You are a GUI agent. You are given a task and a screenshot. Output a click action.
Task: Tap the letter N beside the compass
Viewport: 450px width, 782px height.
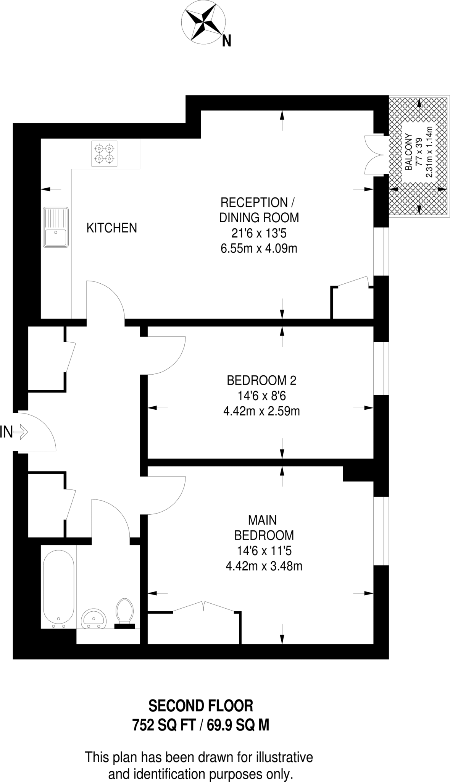pyautogui.click(x=227, y=40)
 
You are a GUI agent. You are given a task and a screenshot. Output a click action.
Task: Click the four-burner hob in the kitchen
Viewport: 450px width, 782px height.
pyautogui.click(x=104, y=153)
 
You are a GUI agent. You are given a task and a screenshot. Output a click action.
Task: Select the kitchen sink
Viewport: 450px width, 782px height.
pyautogui.click(x=56, y=227)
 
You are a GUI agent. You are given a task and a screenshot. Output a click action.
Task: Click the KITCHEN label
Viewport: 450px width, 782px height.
pyautogui.click(x=111, y=228)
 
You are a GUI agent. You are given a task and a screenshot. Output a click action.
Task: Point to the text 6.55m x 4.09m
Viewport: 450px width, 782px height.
pyautogui.click(x=259, y=249)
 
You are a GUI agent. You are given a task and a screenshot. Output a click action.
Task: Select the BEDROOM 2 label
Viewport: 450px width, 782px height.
pyautogui.click(x=261, y=380)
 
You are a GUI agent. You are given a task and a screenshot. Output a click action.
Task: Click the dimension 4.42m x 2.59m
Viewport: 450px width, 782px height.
pyautogui.click(x=261, y=411)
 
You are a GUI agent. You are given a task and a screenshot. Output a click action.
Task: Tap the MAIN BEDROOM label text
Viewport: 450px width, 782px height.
pyautogui.click(x=263, y=528)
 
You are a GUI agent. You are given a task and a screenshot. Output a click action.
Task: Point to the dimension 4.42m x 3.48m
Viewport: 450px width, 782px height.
pyautogui.click(x=264, y=566)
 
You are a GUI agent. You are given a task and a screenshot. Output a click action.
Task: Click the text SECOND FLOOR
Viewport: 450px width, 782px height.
pyautogui.click(x=201, y=706)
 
